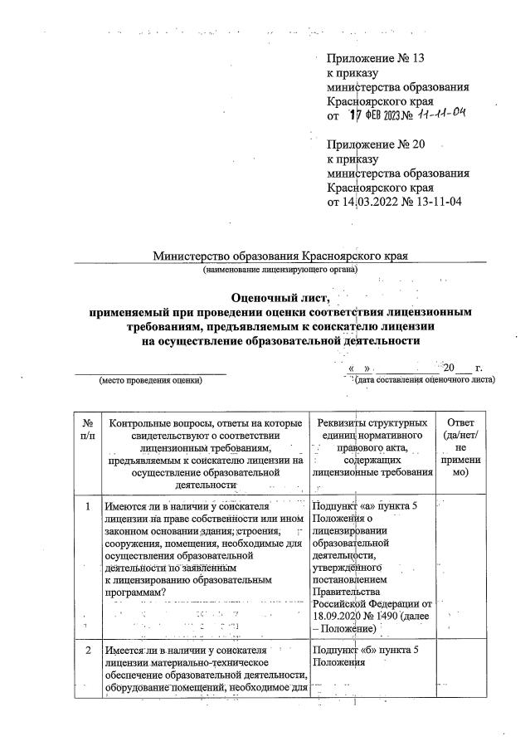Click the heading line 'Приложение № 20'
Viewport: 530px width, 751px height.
pyautogui.click(x=376, y=144)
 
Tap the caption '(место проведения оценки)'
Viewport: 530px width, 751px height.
pyautogui.click(x=150, y=380)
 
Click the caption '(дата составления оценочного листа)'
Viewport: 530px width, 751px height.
pyautogui.click(x=425, y=380)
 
